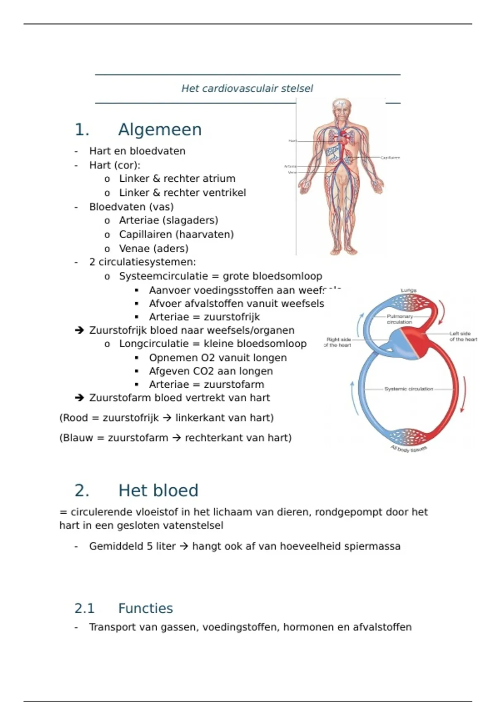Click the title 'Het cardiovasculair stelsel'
click(247, 88)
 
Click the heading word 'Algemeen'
click(160, 130)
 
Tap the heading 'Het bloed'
click(158, 491)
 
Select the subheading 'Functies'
click(145, 608)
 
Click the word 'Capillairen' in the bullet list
click(145, 235)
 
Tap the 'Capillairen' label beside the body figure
click(390, 158)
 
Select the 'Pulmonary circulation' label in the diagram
click(399, 319)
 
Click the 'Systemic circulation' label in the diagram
click(408, 389)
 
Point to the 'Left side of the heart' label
click(463, 337)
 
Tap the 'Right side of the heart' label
click(339, 342)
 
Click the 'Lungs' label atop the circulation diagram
click(408, 291)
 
